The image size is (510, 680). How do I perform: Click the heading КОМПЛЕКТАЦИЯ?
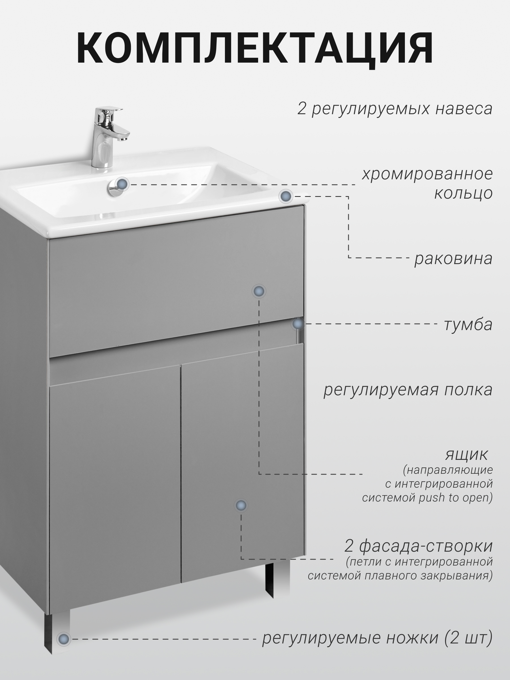(255, 48)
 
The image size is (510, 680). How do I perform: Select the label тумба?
(468, 325)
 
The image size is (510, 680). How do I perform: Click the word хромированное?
(427, 174)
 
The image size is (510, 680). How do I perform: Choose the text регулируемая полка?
(408, 390)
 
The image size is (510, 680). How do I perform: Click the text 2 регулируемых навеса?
(395, 109)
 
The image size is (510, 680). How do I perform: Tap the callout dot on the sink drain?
(123, 184)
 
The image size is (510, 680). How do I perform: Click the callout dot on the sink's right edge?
(286, 196)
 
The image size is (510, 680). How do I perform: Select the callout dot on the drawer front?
(259, 291)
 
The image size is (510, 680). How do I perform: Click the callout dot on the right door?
(241, 505)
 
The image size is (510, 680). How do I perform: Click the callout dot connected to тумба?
(297, 324)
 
